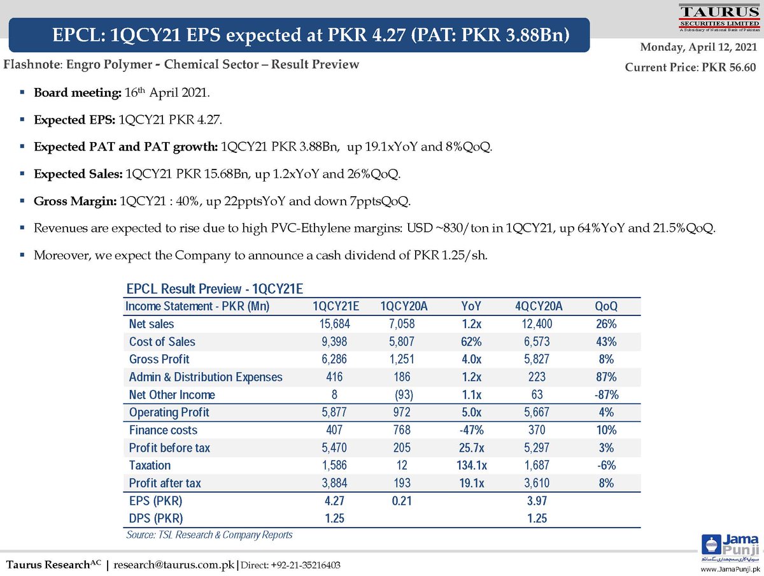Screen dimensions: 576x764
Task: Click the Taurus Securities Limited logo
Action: tap(718, 18)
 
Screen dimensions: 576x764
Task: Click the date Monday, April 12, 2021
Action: tap(698, 47)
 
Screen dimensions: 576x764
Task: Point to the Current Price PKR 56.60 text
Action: tap(691, 67)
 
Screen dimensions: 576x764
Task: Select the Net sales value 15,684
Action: tap(336, 324)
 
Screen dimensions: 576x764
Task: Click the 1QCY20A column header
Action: tap(404, 306)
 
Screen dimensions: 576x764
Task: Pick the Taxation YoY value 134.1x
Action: tap(471, 465)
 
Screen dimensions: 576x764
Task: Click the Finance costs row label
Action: tap(163, 430)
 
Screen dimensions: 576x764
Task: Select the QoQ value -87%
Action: tap(605, 394)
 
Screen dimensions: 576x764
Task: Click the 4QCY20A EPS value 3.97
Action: tap(538, 501)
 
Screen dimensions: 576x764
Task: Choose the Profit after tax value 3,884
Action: tap(336, 483)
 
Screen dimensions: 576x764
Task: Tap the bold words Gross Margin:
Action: tap(74, 201)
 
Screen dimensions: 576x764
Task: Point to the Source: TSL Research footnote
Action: tap(209, 535)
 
